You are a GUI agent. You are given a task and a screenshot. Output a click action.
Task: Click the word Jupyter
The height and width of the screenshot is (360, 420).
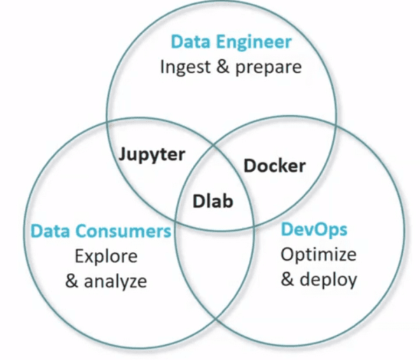click(x=150, y=154)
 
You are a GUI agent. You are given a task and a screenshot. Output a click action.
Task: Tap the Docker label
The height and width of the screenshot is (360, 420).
click(x=274, y=166)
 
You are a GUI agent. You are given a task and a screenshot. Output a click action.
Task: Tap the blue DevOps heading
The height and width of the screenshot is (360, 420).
click(x=314, y=229)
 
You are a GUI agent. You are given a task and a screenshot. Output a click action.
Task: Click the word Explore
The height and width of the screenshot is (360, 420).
click(x=106, y=256)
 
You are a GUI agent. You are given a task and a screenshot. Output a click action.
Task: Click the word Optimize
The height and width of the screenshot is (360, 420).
click(x=318, y=254)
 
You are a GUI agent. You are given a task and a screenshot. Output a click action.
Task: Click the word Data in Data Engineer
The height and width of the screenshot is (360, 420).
click(x=189, y=42)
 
